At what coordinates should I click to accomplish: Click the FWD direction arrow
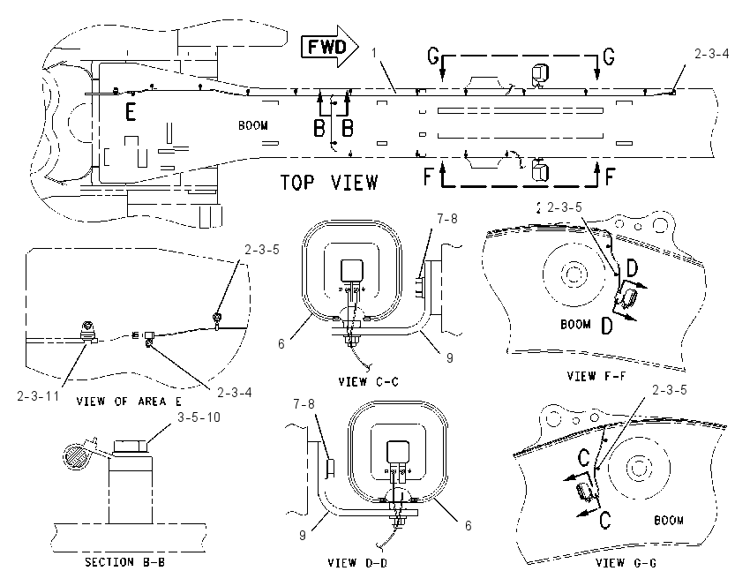coord(330,47)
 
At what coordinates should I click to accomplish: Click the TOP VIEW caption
coord(329,183)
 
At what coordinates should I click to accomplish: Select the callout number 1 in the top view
coord(374,53)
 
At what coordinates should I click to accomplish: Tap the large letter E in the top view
coord(131,111)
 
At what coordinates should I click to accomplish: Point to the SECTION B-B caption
coord(124,561)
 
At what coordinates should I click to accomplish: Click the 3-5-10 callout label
coord(199,417)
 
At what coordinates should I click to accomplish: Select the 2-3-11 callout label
coord(38,395)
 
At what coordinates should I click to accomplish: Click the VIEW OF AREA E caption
coord(129,401)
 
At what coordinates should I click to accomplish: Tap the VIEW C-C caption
coord(368,381)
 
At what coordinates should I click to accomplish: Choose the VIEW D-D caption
coord(357,562)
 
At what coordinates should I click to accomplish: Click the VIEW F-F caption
coord(596,376)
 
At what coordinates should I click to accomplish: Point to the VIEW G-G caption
coord(626,562)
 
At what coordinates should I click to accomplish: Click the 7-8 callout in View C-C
coord(447,219)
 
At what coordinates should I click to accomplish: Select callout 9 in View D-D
coord(303,535)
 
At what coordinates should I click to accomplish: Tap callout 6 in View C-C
coord(281,343)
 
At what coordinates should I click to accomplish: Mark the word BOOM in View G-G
coord(669,520)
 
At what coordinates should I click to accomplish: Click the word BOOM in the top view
coord(253,125)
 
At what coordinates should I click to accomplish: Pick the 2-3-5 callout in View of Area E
coord(262,249)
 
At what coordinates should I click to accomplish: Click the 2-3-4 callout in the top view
coord(712,54)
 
